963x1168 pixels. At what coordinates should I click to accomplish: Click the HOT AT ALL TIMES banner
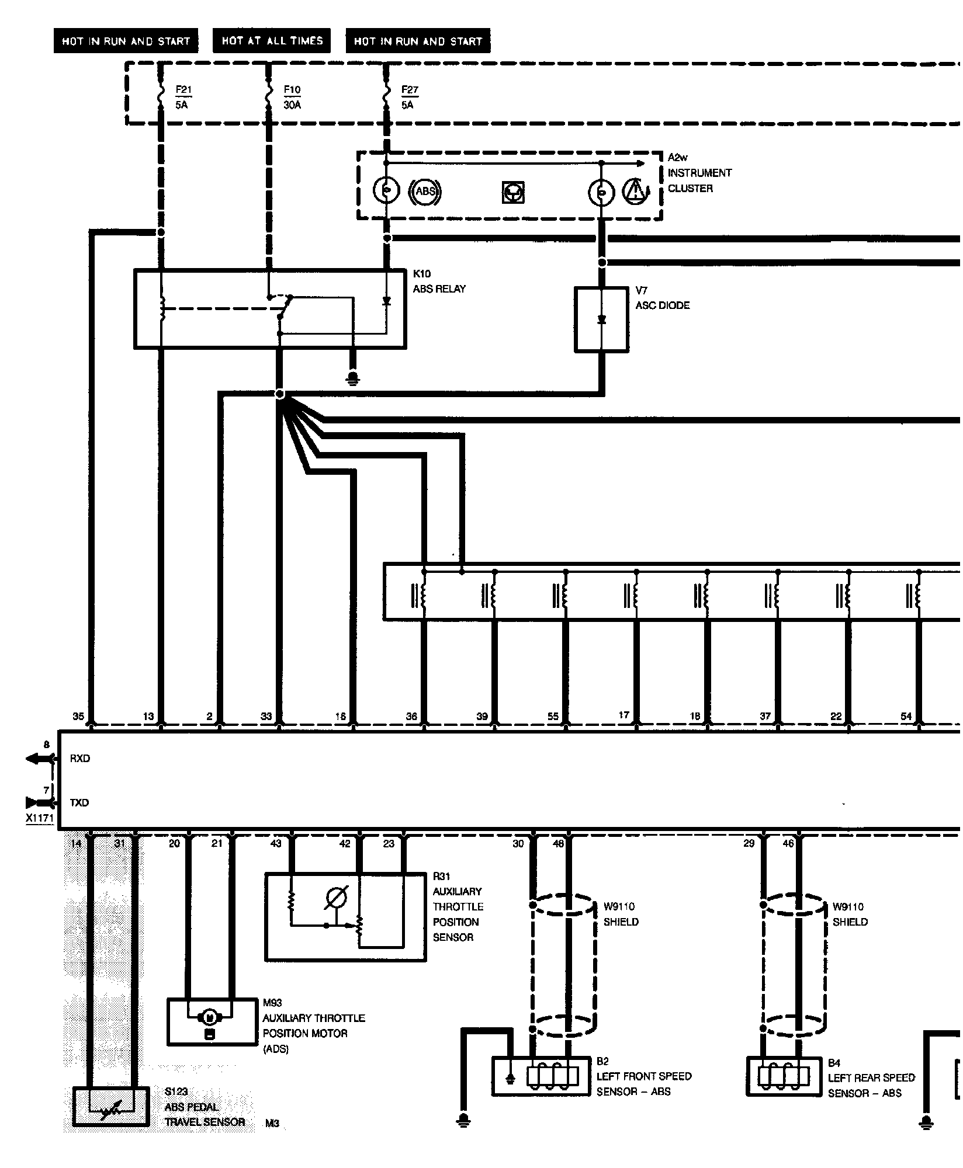click(x=272, y=41)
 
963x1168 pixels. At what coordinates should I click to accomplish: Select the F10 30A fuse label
click(x=292, y=97)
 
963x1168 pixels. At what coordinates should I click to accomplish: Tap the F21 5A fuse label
click(x=183, y=97)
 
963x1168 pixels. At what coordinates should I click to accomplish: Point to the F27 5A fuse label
click(x=410, y=97)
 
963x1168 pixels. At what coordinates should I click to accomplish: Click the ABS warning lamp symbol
click(x=427, y=192)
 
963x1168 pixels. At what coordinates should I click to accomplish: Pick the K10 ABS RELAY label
click(x=439, y=281)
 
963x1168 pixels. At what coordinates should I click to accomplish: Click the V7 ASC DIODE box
click(x=601, y=319)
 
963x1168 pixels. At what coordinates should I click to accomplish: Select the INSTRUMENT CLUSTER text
click(x=699, y=180)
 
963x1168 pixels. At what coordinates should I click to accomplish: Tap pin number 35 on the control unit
click(x=78, y=717)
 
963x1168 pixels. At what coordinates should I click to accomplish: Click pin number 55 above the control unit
click(x=553, y=717)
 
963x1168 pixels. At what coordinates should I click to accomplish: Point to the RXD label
click(x=80, y=759)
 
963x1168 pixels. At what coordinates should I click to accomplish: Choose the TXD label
click(x=79, y=803)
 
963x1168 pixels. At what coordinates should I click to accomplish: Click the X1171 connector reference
click(x=40, y=819)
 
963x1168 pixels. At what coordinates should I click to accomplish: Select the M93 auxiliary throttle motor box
click(x=213, y=1021)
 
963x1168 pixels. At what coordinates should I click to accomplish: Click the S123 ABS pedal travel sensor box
click(x=110, y=1106)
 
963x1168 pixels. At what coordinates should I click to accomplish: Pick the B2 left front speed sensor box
click(x=541, y=1076)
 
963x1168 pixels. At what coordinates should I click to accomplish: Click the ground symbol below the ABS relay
click(x=352, y=378)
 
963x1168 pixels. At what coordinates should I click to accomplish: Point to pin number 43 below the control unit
click(x=276, y=843)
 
